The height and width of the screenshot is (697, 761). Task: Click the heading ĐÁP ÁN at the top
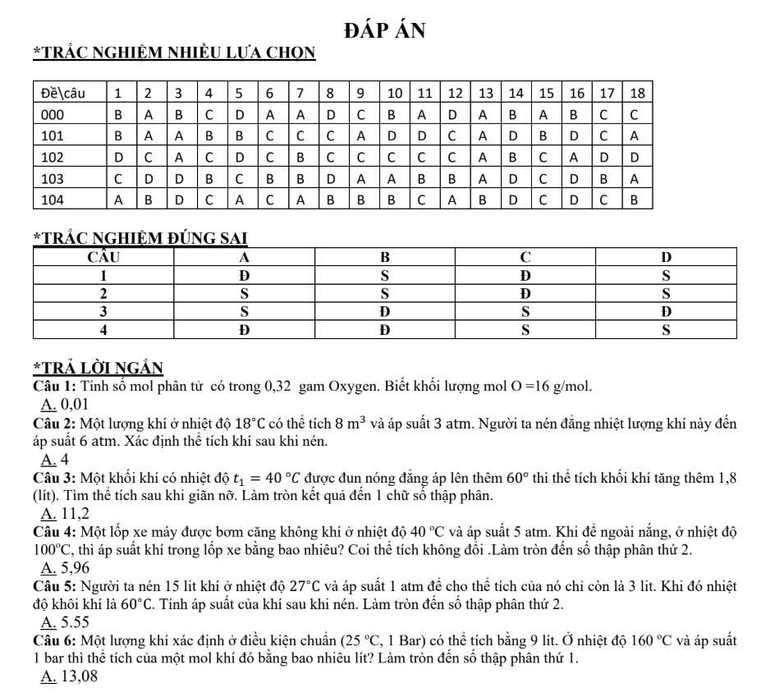pos(385,31)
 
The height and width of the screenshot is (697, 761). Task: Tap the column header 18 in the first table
pos(637,91)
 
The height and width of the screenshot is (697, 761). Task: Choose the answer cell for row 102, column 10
pos(392,156)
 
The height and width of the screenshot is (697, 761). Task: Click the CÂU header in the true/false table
pos(104,257)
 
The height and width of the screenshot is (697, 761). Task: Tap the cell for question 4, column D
pos(667,330)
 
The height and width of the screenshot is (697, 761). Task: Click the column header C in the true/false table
pos(526,257)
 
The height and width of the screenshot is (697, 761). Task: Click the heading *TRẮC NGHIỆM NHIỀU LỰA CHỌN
pos(174,54)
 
